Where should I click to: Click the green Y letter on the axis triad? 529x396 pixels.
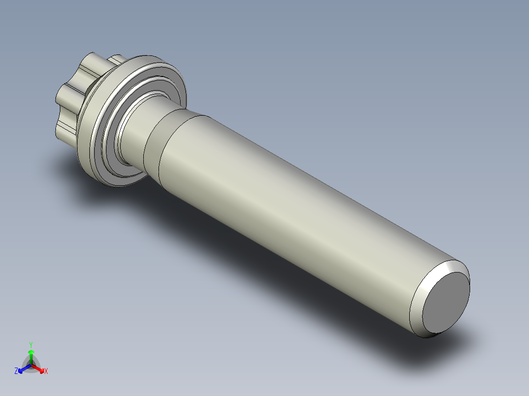pos(31,345)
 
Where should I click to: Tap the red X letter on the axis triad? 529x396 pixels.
pos(46,371)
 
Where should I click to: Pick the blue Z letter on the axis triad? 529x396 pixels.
pos(16,371)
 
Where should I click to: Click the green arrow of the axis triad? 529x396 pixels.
pos(31,354)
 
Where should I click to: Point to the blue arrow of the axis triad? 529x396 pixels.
pos(23,369)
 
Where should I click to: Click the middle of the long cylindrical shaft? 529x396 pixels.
pos(294,216)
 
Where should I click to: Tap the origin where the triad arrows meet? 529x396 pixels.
pos(31,365)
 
